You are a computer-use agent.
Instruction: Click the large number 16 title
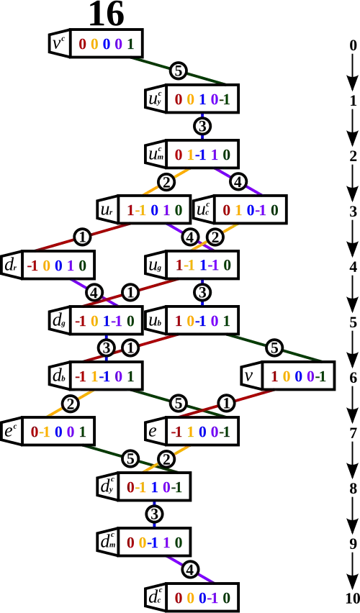[107, 14]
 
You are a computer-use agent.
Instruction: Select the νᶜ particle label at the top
[59, 43]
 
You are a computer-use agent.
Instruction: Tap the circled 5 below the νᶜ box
[179, 71]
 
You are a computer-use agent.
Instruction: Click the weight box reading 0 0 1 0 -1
[202, 99]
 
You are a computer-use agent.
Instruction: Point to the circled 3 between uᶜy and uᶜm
[202, 127]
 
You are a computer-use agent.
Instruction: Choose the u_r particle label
[107, 209]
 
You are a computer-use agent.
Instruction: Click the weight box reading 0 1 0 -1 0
[251, 209]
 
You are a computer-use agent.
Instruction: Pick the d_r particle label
[11, 265]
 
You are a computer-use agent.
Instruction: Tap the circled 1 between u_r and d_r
[82, 237]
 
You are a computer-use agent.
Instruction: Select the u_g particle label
[156, 265]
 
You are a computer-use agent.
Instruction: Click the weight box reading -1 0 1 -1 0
[106, 321]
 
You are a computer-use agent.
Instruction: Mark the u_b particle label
[156, 321]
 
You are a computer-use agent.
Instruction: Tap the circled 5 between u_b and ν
[275, 348]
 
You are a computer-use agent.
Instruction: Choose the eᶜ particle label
[11, 431]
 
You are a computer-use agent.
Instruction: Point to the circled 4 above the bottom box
[190, 570]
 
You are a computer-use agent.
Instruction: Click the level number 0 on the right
[353, 45]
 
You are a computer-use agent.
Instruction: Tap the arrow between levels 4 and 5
[353, 294]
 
